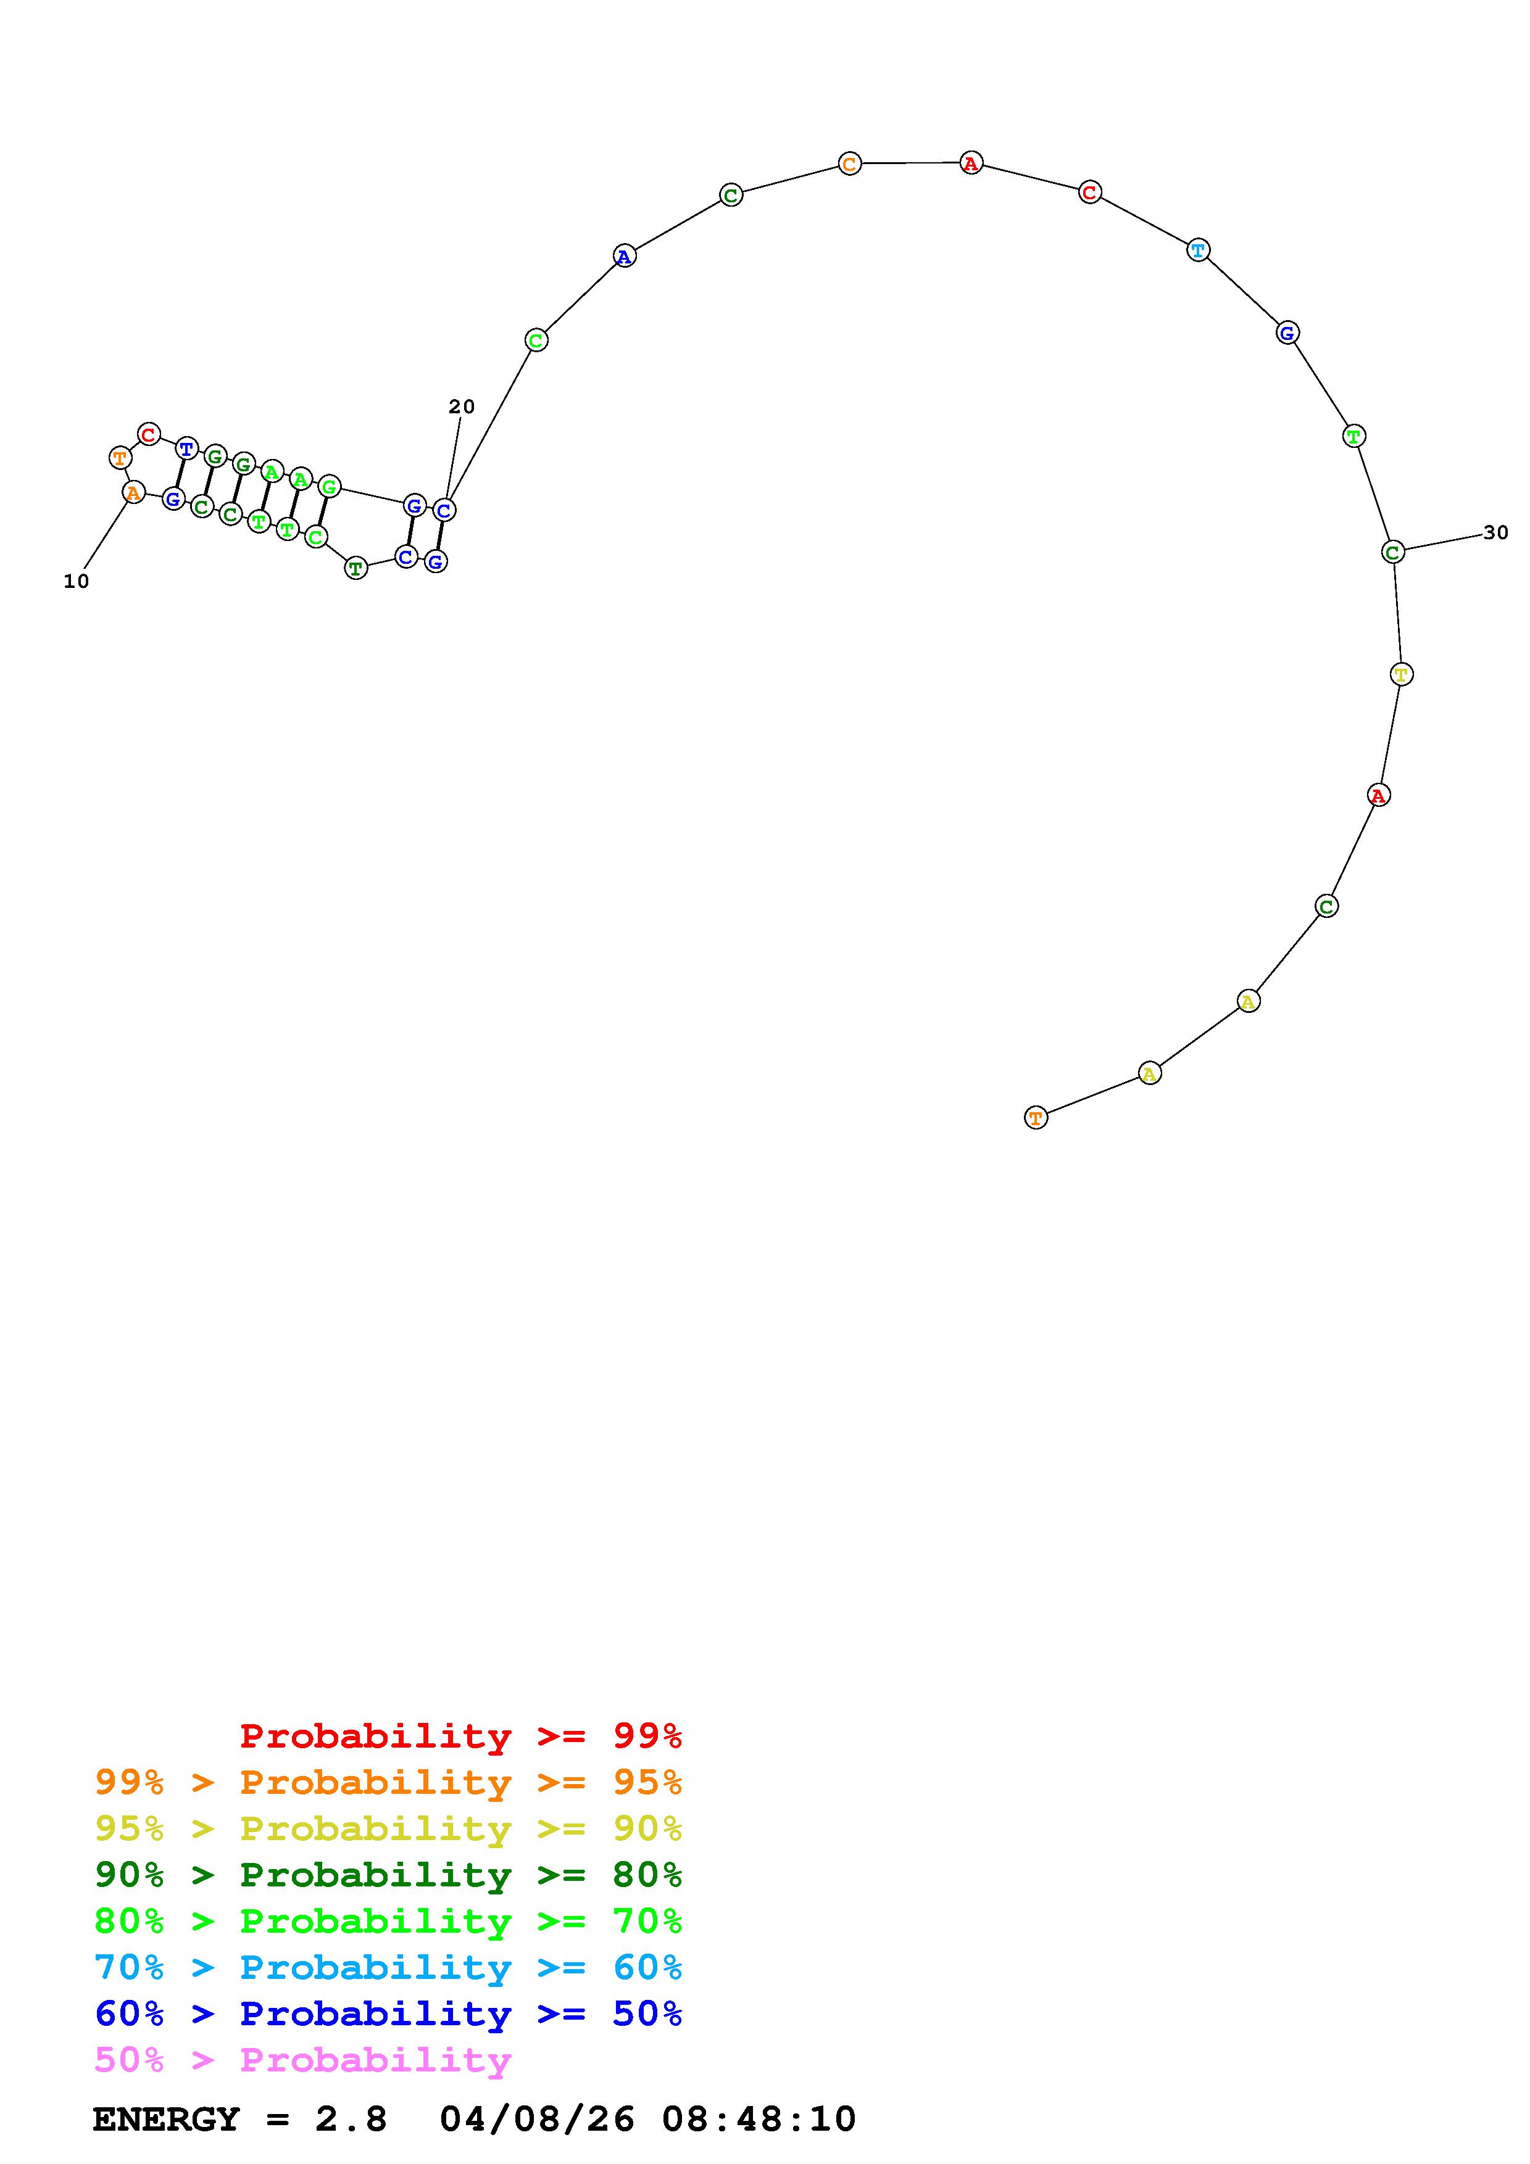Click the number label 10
[x=77, y=582]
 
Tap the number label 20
[x=462, y=407]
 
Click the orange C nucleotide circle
[x=849, y=164]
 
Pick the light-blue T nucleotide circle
[x=1198, y=250]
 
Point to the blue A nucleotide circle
[x=624, y=255]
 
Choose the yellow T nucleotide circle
[x=1402, y=674]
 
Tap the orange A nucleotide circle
[x=134, y=492]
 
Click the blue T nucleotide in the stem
[x=186, y=448]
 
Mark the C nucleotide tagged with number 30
[x=1394, y=552]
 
